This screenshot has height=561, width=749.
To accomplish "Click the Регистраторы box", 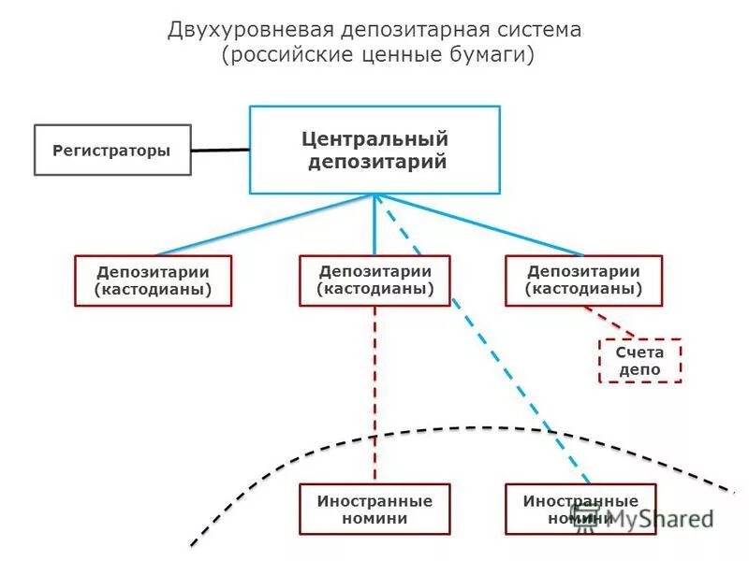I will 112,150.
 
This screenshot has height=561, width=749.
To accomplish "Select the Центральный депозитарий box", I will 374,150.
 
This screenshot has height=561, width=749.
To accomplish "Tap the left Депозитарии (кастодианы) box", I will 153,280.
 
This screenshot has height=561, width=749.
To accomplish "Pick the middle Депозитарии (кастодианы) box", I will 374,280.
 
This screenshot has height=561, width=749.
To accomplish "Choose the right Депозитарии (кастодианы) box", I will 583,280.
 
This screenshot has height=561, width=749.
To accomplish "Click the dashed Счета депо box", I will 640,361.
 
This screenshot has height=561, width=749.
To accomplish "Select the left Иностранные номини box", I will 374,509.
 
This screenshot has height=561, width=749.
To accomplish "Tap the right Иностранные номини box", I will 580,509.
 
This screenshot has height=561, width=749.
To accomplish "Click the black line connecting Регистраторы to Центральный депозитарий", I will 220,150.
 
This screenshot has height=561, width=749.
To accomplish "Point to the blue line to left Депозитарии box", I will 262,224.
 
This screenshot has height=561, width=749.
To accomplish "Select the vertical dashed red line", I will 374,393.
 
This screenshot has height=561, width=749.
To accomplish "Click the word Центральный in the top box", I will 374,139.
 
